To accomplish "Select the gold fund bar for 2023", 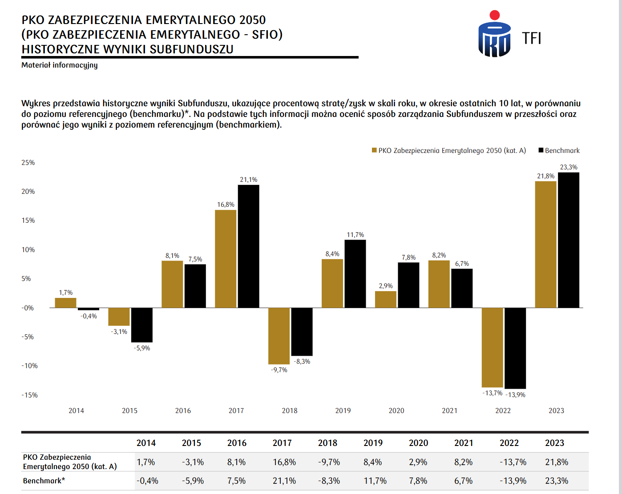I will tap(545, 244).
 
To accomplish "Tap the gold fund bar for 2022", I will tap(492, 347).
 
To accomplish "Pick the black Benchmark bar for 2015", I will tap(142, 325).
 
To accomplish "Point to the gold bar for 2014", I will tap(65, 303).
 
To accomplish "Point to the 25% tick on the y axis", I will tap(28, 163).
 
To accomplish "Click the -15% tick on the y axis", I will tap(29, 395).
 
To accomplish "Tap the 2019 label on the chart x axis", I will tap(343, 410).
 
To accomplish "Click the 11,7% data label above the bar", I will tap(355, 235).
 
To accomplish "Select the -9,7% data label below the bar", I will tap(279, 370).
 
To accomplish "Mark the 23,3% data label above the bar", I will tap(569, 167).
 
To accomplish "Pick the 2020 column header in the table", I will tap(418, 443).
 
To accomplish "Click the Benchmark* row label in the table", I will tap(44, 481).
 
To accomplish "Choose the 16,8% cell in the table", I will tap(284, 462).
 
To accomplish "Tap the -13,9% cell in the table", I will tap(513, 481).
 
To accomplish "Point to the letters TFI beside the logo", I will tap(531, 39).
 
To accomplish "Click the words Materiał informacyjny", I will tap(60, 65).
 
